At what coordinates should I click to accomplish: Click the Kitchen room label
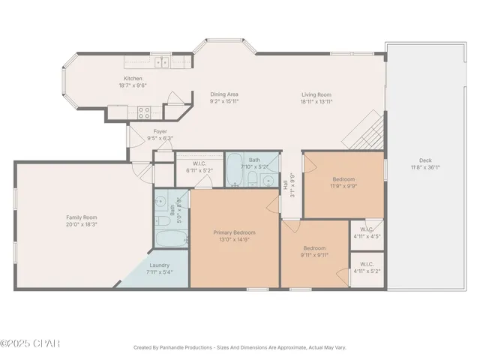point(133,79)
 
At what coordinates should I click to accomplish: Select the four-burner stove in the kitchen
point(145,112)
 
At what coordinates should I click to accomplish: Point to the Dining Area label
point(224,94)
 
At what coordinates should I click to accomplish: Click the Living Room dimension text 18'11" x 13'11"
point(316,101)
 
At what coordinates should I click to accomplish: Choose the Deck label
point(425,160)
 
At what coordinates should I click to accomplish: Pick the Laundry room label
point(159,265)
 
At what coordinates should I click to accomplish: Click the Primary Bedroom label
point(235,233)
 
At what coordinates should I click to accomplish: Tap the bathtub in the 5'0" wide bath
point(169,241)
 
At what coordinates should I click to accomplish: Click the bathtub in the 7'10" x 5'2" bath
point(234,172)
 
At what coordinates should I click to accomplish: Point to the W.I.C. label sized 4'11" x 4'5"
point(367,229)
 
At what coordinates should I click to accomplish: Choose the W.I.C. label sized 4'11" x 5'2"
point(367,264)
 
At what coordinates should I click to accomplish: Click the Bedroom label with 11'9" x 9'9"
point(344,179)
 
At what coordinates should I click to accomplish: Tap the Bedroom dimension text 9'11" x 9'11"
point(314,255)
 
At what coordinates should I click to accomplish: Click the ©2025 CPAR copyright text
point(30,343)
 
